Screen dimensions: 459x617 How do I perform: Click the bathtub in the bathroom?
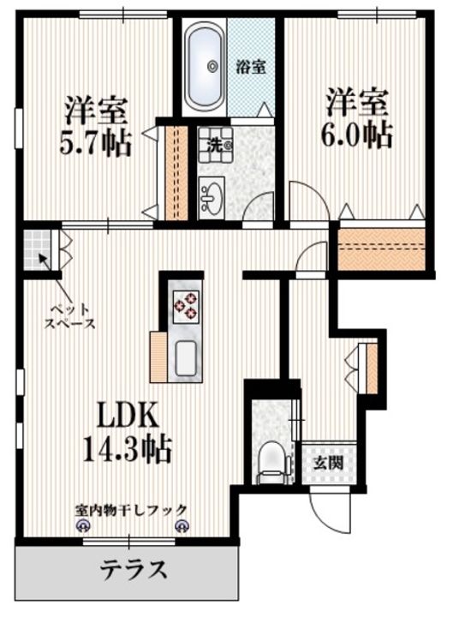coord(205,66)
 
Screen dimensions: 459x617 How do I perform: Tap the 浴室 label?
coord(251,68)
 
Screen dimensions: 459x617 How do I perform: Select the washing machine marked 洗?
coord(216,146)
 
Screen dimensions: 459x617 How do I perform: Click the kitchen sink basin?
coord(188,358)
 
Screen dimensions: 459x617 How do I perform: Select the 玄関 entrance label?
coord(328,463)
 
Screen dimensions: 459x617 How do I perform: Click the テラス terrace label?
coord(133,569)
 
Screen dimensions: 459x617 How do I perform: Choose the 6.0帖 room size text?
coord(357,135)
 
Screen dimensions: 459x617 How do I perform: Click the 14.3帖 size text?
coord(127,449)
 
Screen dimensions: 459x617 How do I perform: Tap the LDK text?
coord(128,416)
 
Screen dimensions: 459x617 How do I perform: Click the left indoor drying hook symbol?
coord(82,525)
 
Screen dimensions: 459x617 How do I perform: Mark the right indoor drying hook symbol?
coord(182,525)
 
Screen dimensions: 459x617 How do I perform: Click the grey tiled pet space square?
coord(37,249)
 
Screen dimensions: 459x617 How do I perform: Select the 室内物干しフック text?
coord(131,511)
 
